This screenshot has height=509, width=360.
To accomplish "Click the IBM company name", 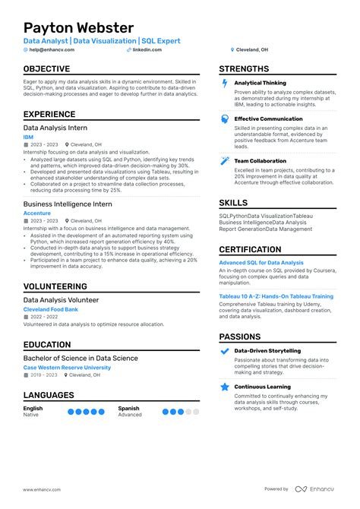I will coord(28,137).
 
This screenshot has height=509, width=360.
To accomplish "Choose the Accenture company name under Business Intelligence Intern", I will coord(37,213).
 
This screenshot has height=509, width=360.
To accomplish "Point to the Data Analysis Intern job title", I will coord(55,128).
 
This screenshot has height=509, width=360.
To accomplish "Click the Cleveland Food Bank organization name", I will coord(51,309).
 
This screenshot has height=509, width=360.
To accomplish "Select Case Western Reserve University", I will coord(67,367).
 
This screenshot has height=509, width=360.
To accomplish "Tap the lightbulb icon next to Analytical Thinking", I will coord(225,84).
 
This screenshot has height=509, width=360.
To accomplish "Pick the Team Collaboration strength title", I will coord(260,161).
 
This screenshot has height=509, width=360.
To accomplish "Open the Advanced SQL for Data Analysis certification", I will coord(261,263).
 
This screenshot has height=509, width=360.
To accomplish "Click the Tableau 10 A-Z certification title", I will coord(276,296).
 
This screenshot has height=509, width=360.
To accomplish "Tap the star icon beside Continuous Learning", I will coord(225,387).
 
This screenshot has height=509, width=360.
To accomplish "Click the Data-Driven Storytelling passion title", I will coord(267,351).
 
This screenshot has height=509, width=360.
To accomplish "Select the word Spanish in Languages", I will coord(128,409).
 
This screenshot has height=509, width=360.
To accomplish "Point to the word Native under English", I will coord(31,415).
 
